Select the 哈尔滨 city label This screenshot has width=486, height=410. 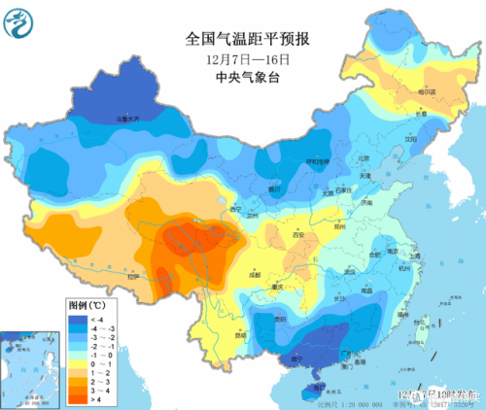427,92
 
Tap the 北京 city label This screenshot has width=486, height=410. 364,157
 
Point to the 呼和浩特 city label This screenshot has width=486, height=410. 318,161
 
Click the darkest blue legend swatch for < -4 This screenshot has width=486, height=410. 76,317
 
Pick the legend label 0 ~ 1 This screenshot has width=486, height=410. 99,365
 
